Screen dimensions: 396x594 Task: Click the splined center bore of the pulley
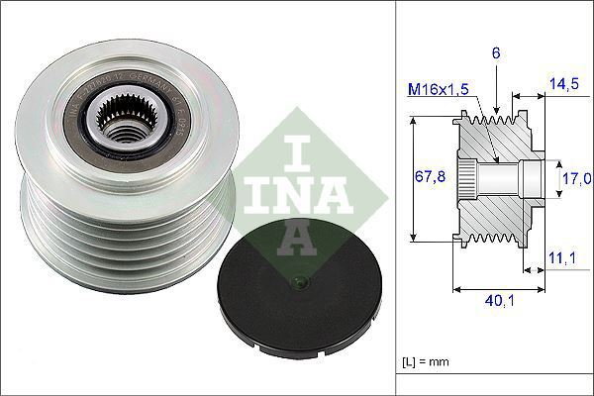click(x=123, y=125)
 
